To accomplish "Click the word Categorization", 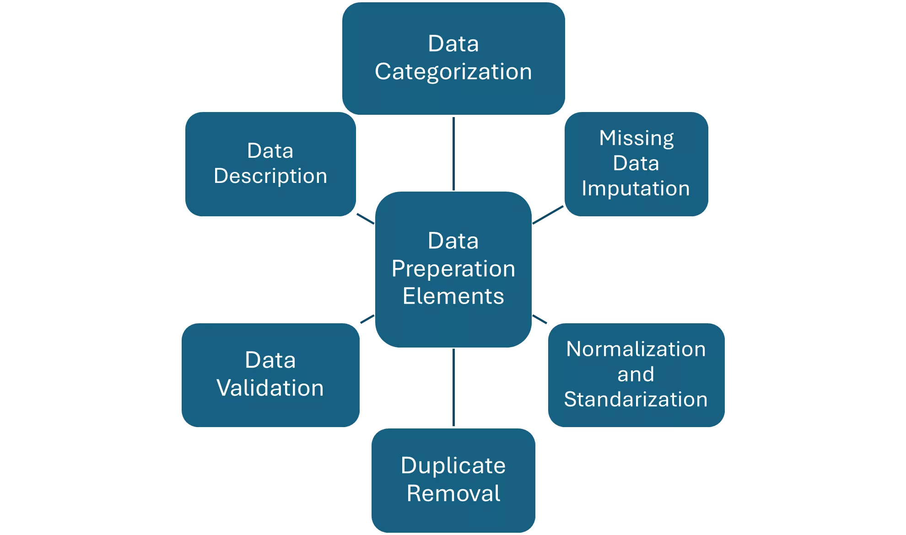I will (x=453, y=72).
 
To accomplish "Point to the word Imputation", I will (x=636, y=188).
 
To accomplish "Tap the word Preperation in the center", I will (x=453, y=268).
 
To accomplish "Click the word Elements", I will (x=453, y=296).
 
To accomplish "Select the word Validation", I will (x=270, y=388).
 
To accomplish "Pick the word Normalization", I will (x=636, y=349).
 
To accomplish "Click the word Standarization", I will (x=636, y=399).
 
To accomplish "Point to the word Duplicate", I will (x=453, y=465).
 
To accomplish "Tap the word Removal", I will (x=453, y=493).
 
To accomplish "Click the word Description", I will (x=270, y=176).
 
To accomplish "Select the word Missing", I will (x=636, y=138).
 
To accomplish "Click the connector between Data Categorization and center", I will (x=453, y=153).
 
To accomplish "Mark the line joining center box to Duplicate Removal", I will (x=453, y=388).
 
